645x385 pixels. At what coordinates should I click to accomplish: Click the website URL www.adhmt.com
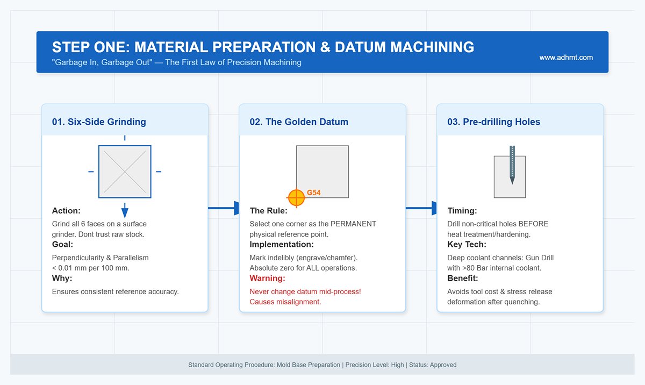pyautogui.click(x=566, y=58)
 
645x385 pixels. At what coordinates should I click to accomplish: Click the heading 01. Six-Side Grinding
pyautogui.click(x=99, y=122)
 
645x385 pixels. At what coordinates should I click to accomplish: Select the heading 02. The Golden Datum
pyautogui.click(x=299, y=122)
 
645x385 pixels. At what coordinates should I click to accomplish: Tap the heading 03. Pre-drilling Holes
pyautogui.click(x=493, y=122)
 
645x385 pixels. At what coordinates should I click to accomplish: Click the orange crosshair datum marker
pyautogui.click(x=296, y=198)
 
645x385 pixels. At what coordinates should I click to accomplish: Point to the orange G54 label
pyautogui.click(x=314, y=192)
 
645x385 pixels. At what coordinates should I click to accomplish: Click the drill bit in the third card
pyautogui.click(x=512, y=164)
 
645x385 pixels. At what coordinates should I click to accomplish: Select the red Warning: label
pyautogui.click(x=267, y=279)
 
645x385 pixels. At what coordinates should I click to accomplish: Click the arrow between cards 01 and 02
pyautogui.click(x=224, y=208)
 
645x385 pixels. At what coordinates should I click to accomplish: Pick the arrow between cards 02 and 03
pyautogui.click(x=421, y=208)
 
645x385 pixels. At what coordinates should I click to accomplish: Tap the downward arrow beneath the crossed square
pyautogui.click(x=125, y=210)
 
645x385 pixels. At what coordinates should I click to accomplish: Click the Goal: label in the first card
pyautogui.click(x=63, y=245)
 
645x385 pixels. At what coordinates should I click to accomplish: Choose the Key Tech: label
pyautogui.click(x=467, y=245)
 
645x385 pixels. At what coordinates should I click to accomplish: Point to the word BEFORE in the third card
pyautogui.click(x=534, y=224)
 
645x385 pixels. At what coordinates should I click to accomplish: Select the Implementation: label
pyautogui.click(x=282, y=245)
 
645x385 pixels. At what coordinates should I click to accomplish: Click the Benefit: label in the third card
pyautogui.click(x=463, y=279)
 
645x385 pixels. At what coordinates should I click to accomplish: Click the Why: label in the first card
pyautogui.click(x=62, y=279)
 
